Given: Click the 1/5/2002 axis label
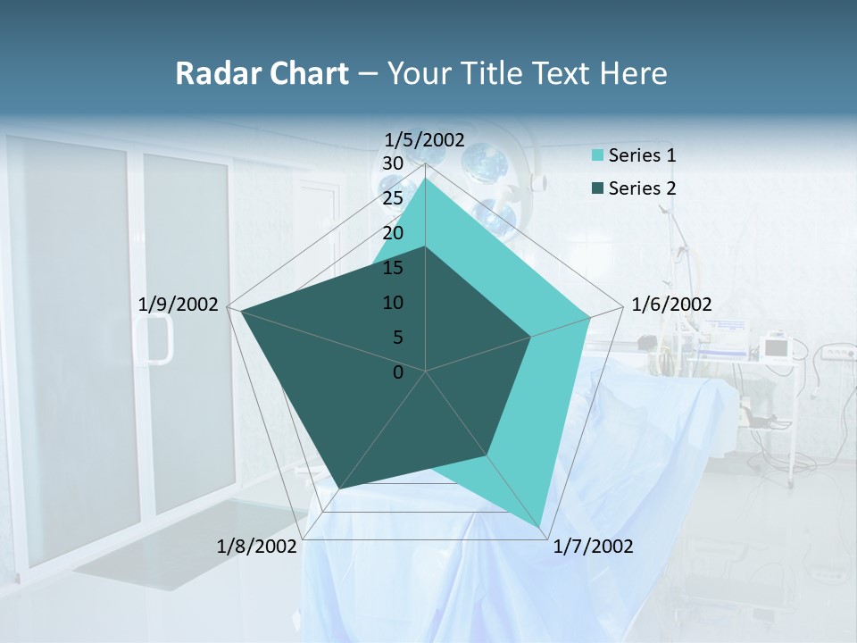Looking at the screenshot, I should tap(425, 139).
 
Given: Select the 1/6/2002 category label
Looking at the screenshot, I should tap(671, 305).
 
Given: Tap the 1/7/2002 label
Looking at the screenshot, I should tap(593, 547).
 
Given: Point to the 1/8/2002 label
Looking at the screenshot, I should tap(256, 547).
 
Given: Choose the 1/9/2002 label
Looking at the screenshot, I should tap(179, 305).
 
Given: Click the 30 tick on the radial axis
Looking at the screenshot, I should tap(392, 163).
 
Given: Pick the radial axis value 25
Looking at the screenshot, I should tap(392, 198).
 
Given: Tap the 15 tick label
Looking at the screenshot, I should tap(392, 268).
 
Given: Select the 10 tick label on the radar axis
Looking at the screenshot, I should tap(392, 303).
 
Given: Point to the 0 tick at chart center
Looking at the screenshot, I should tap(398, 372).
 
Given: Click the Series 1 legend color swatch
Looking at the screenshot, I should tap(597, 155).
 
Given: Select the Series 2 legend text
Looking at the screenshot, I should tap(642, 188).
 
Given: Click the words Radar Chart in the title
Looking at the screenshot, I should tap(262, 73).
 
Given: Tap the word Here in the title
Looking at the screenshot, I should tap(633, 73).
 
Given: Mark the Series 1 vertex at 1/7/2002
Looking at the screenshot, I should tap(540, 527).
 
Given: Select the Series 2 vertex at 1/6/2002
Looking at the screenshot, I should tap(531, 337).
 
